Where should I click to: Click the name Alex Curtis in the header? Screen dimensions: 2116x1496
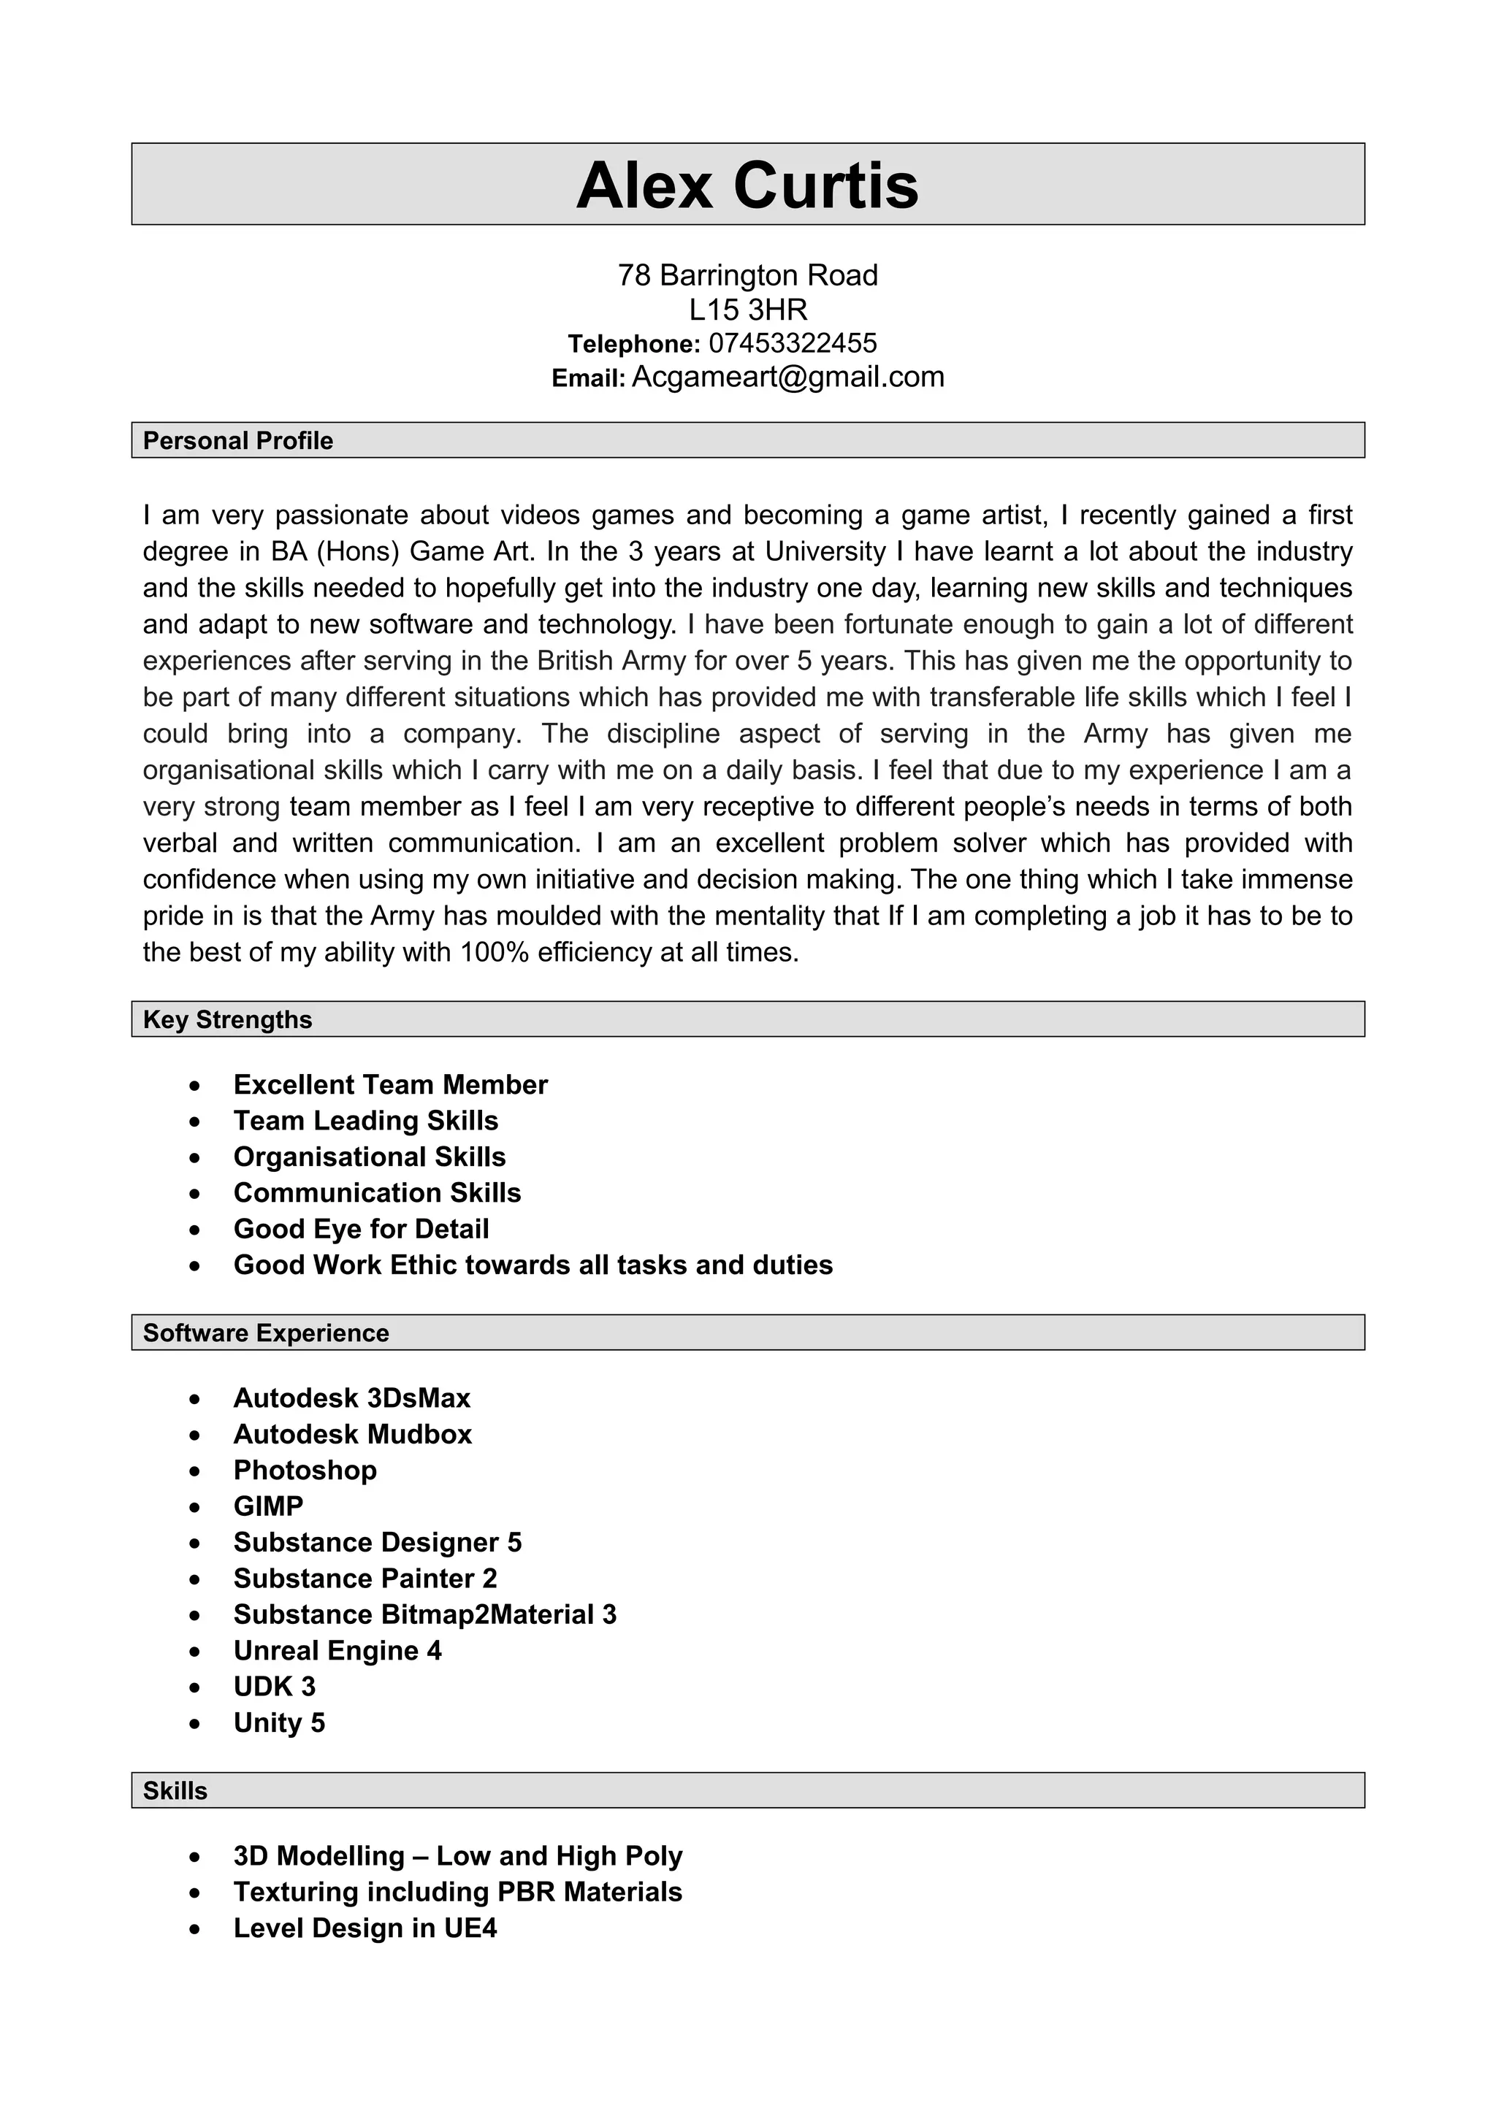tap(747, 185)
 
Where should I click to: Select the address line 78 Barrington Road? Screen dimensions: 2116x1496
tap(747, 275)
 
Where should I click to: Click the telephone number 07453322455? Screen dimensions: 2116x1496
tap(793, 343)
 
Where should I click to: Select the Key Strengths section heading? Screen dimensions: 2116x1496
tap(228, 1019)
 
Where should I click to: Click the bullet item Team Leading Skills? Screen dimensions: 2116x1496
tap(365, 1121)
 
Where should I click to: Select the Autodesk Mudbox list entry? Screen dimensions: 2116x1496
tap(352, 1434)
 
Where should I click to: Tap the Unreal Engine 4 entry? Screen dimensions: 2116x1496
tap(337, 1651)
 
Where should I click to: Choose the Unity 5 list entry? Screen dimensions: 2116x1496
tap(279, 1722)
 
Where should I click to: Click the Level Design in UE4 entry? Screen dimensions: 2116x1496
tap(365, 1928)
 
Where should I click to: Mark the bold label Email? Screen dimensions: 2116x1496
tap(588, 379)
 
